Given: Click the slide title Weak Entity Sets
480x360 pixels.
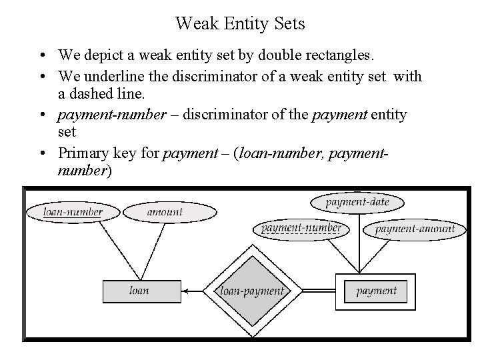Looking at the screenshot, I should point(240,24).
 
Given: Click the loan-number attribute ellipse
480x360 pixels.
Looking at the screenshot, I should point(73,212).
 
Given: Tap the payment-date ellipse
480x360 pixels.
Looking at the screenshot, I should point(357,201).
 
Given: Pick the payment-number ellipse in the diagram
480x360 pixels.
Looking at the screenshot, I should point(301,228).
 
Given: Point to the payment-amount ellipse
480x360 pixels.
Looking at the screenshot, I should point(414,229).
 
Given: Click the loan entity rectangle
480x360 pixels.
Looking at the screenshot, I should point(139,291).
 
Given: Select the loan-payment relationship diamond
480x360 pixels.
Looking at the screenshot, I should point(252,291).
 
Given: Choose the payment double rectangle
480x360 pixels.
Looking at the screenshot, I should point(376,291).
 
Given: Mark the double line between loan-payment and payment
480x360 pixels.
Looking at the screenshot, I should point(314,291).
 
